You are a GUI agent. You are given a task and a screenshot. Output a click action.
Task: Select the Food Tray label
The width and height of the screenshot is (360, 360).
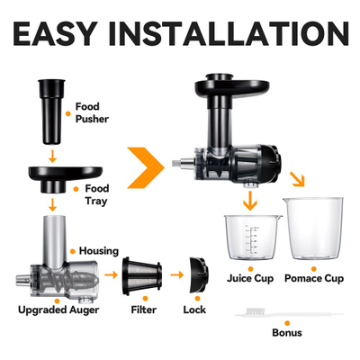click(x=96, y=195)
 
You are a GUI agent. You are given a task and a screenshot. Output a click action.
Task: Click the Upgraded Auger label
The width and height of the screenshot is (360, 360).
click(x=56, y=310)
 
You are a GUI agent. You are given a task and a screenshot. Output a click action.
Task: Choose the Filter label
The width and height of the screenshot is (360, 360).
click(x=145, y=310)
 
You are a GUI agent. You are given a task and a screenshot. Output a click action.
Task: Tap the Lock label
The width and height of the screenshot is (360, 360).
click(x=195, y=310)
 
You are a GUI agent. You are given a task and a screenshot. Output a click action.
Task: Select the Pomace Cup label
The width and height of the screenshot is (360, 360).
click(x=314, y=280)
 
